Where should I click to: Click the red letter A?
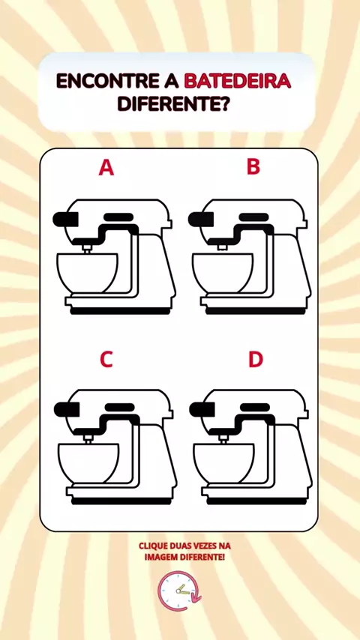coord(106,168)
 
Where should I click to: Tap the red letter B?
coord(253,166)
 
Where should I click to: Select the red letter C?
coord(106,359)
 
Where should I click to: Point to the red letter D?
coord(256,359)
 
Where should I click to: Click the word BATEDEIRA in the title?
coord(238,81)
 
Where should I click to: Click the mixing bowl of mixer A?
coord(88,273)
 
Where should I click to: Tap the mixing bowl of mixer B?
coord(223,273)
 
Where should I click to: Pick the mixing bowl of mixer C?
coord(88,463)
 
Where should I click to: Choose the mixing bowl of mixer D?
coord(224,463)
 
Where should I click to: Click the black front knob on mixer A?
coord(65,219)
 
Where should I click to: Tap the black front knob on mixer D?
coord(202,409)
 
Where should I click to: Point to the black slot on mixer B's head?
coord(253,217)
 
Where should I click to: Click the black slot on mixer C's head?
coord(120,408)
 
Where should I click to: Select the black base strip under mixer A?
coord(120,311)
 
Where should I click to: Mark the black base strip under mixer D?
coord(256,501)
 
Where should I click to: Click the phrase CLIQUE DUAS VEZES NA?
coord(184,546)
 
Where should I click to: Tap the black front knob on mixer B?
coord(201,219)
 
